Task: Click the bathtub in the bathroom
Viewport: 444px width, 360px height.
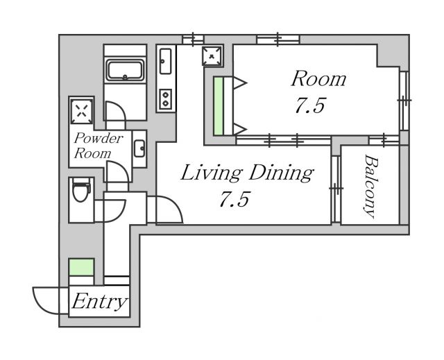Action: coord(125,70)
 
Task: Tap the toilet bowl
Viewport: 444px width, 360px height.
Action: coord(80,189)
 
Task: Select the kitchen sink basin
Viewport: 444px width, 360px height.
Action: coord(165,61)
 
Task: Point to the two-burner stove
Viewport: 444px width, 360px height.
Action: coord(165,98)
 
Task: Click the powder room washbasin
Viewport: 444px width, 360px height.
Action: coord(139,148)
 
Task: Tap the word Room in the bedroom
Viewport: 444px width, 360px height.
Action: coord(318,79)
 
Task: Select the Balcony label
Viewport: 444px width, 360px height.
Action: coord(370,187)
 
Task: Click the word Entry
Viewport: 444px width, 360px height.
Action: coord(99,302)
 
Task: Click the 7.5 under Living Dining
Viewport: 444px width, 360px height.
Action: coord(234,199)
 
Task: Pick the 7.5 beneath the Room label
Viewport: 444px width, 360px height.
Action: coord(310,105)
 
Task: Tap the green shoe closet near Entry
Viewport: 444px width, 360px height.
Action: coord(82,267)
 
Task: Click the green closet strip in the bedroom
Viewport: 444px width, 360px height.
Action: coord(219,106)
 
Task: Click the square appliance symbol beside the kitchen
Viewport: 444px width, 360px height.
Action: coord(212,55)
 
